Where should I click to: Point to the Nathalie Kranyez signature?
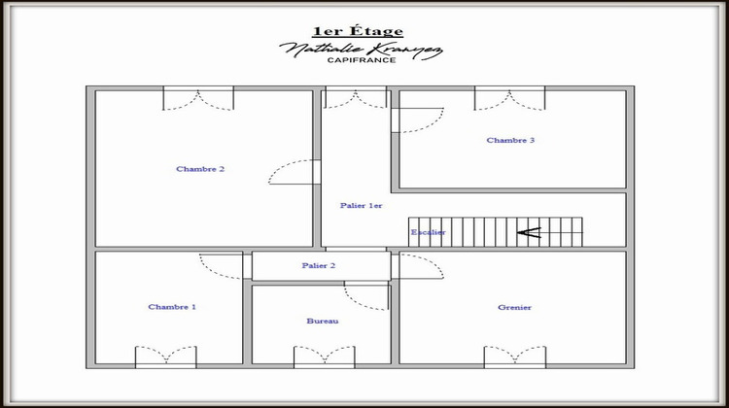coord(362,48)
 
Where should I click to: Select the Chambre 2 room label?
coord(200,169)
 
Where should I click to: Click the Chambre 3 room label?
coord(510,141)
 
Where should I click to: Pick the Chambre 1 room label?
coord(172,307)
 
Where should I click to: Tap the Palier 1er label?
coord(362,206)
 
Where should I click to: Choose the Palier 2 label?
coord(319,265)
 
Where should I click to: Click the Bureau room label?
coord(322,321)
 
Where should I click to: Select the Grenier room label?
coord(514,308)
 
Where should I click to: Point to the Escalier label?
coord(428,232)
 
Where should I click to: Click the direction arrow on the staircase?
coord(529,232)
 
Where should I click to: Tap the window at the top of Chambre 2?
coord(198,97)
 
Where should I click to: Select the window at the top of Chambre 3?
coord(509,97)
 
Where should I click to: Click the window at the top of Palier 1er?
coord(355,97)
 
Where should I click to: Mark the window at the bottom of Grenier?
coord(515,357)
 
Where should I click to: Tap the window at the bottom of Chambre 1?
coord(166,357)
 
